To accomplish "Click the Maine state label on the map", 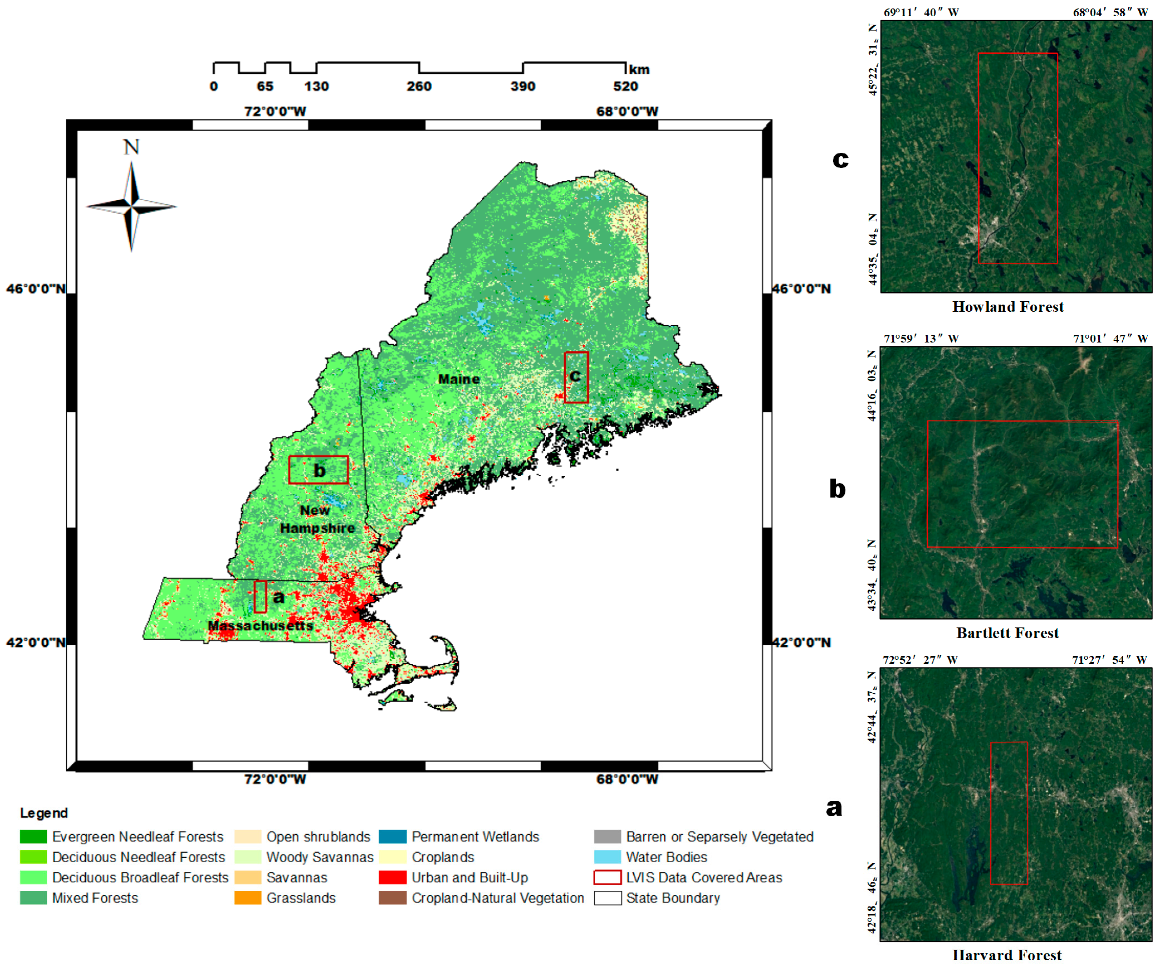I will click(x=459, y=379).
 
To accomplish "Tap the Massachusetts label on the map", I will click(x=260, y=625).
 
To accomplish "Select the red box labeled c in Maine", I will click(x=576, y=377).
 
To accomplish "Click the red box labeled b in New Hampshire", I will click(x=318, y=470).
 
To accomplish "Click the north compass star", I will click(x=131, y=206).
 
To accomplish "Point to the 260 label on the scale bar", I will click(x=419, y=86).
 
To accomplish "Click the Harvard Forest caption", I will click(x=1007, y=955).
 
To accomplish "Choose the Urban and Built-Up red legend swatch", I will click(x=392, y=878).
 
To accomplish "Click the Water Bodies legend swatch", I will click(x=607, y=857).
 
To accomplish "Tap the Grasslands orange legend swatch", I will click(x=247, y=898).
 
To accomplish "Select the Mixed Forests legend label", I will click(x=95, y=898).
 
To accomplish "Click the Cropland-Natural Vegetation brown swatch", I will click(x=392, y=898).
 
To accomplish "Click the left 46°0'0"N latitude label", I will click(x=35, y=289).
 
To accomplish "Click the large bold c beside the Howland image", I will click(x=840, y=159).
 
